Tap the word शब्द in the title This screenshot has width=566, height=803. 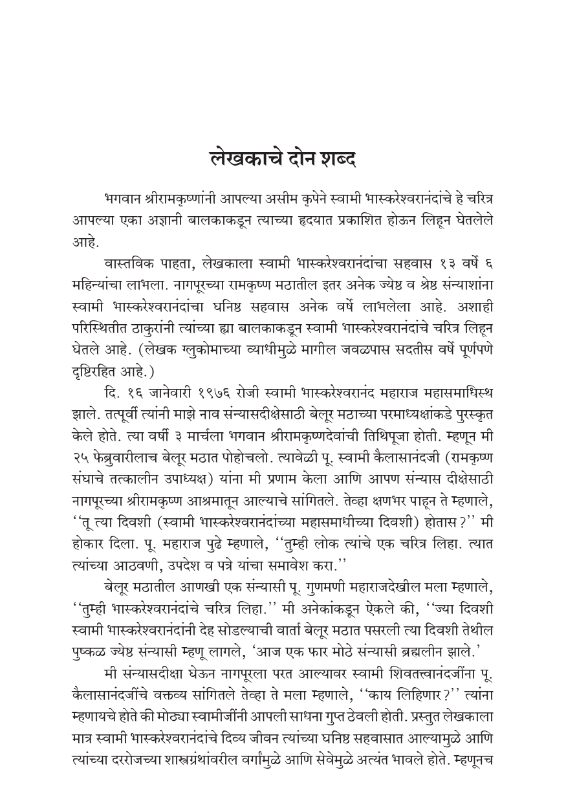click(336, 157)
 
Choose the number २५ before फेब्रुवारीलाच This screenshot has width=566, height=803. click(82, 425)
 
